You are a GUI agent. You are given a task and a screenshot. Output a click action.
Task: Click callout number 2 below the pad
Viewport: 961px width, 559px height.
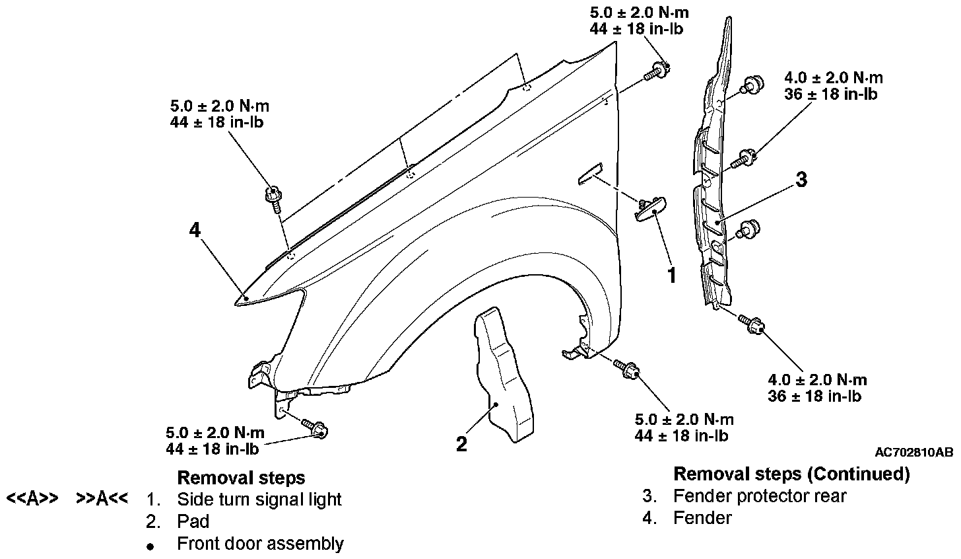pos(461,443)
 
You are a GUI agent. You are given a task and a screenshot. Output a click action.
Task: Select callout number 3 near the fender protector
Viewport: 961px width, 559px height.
pos(801,179)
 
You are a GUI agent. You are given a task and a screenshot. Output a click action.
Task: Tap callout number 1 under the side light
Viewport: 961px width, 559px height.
pos(672,275)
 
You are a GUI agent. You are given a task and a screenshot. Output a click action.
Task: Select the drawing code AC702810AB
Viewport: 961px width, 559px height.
pos(913,453)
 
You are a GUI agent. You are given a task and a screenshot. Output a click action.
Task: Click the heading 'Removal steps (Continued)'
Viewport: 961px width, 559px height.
pos(791,474)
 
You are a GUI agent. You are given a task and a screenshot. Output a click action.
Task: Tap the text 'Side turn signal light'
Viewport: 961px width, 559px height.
pos(259,499)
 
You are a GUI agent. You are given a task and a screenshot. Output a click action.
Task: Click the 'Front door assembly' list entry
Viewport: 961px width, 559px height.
pos(260,544)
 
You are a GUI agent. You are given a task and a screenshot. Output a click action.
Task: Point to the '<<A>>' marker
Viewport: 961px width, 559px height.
pos(33,498)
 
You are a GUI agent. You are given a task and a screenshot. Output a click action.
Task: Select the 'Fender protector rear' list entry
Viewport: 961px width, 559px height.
pos(759,496)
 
